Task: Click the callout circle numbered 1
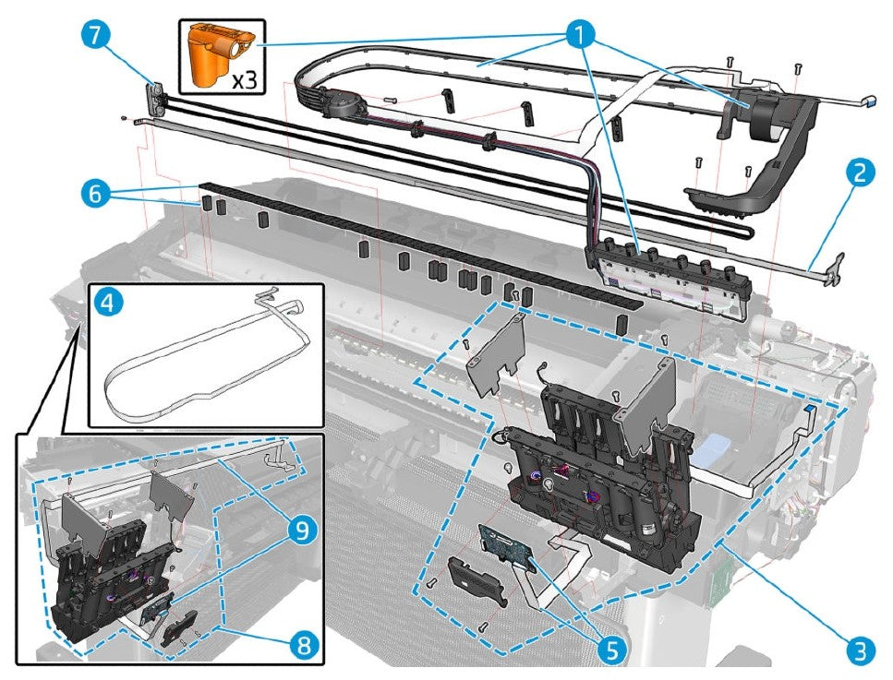pyautogui.click(x=580, y=37)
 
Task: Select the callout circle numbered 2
pyautogui.click(x=858, y=173)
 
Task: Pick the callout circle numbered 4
pyautogui.click(x=109, y=304)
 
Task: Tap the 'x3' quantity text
pyautogui.click(x=244, y=79)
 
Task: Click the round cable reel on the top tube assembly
pyautogui.click(x=338, y=104)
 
